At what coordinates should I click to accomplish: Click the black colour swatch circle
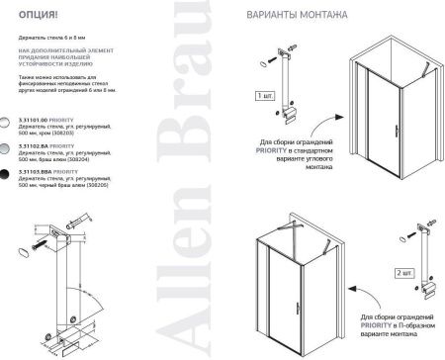pyautogui.click(x=8, y=174)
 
